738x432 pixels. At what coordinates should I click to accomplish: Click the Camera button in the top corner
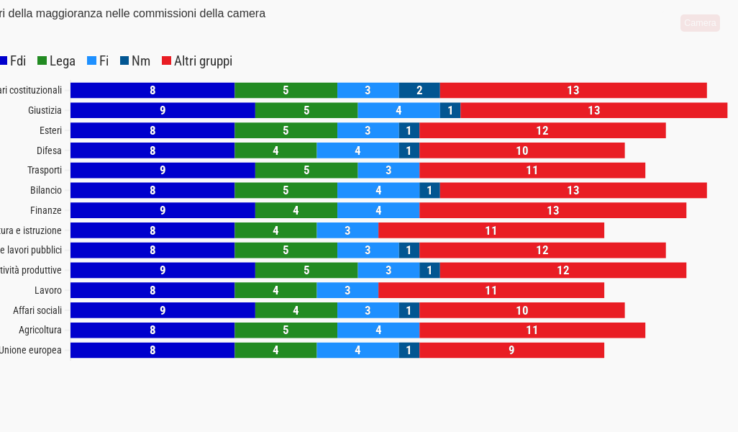pyautogui.click(x=700, y=23)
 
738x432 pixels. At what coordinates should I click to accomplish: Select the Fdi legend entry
pyautogui.click(x=13, y=61)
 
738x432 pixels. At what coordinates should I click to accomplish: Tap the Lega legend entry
pyautogui.click(x=57, y=61)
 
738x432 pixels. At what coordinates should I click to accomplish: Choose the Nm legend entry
pyautogui.click(x=135, y=61)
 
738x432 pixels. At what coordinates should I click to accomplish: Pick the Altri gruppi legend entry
pyautogui.click(x=197, y=61)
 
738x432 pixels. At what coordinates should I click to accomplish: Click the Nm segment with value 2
pyautogui.click(x=419, y=91)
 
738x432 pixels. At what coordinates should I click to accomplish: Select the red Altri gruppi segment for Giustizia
pyautogui.click(x=593, y=110)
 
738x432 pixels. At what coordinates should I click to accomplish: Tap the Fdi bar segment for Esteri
pyautogui.click(x=152, y=130)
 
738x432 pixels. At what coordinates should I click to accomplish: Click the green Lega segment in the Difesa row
pyautogui.click(x=275, y=150)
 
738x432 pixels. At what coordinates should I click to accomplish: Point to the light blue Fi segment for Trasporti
pyautogui.click(x=388, y=171)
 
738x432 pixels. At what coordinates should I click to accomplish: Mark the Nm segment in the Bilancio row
pyautogui.click(x=429, y=190)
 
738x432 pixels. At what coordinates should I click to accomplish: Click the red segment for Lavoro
pyautogui.click(x=491, y=290)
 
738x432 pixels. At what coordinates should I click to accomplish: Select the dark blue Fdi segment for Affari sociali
pyautogui.click(x=163, y=310)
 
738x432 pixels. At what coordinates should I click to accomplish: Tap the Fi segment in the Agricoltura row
pyautogui.click(x=378, y=330)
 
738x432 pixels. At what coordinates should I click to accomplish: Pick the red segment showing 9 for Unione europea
pyautogui.click(x=511, y=350)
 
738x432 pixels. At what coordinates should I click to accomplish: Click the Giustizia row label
pyautogui.click(x=45, y=110)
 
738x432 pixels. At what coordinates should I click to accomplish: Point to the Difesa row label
pyautogui.click(x=49, y=150)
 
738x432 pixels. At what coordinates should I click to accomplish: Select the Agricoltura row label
pyautogui.click(x=40, y=330)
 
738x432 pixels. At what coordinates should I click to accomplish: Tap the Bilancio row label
pyautogui.click(x=46, y=190)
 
